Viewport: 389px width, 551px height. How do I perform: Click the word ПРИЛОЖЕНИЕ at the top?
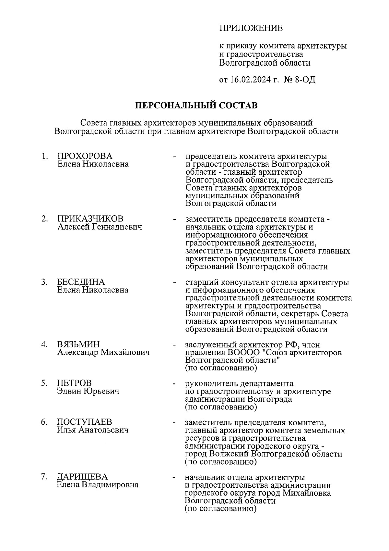(x=251, y=28)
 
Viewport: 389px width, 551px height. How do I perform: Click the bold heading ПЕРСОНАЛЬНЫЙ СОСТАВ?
(x=196, y=106)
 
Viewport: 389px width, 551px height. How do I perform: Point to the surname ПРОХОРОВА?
(x=85, y=156)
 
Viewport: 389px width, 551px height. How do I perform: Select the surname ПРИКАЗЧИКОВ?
(x=90, y=219)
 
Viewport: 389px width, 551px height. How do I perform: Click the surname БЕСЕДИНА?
(x=81, y=282)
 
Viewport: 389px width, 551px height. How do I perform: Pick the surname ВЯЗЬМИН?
(x=79, y=344)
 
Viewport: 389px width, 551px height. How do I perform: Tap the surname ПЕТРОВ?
(x=74, y=383)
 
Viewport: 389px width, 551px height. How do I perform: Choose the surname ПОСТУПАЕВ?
(x=85, y=422)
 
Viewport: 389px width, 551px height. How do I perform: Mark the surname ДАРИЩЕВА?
(x=82, y=477)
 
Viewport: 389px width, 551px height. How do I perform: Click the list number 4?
(x=44, y=344)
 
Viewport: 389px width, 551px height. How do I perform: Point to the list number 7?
(x=44, y=477)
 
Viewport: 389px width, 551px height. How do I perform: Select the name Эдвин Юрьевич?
(x=88, y=391)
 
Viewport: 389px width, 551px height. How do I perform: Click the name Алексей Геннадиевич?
(x=100, y=227)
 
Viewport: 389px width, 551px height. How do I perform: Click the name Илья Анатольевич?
(x=93, y=430)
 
